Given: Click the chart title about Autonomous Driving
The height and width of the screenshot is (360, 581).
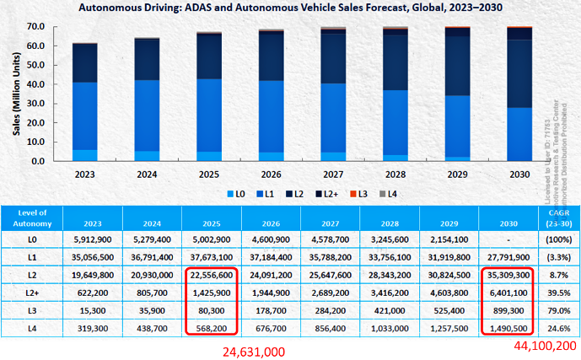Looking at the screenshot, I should click(288, 9).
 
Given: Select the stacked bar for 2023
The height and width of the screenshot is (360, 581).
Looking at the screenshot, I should click(84, 101).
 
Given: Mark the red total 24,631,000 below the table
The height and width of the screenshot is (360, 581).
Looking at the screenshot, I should click(253, 351).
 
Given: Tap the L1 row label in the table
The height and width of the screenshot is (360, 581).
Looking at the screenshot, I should click(32, 257).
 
